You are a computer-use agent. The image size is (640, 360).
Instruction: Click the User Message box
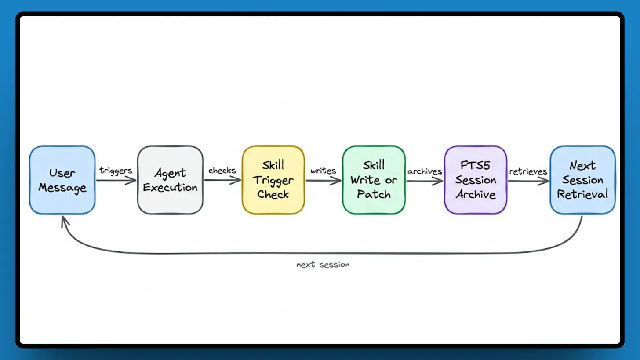pos(62,180)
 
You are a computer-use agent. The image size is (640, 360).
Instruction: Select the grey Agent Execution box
pos(170,180)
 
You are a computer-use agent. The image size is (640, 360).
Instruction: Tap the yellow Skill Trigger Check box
pos(273,180)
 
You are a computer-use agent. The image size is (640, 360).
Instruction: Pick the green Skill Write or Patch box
pos(374,180)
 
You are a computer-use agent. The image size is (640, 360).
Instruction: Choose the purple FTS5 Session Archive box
pos(475,180)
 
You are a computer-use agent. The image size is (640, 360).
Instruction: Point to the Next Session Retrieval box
pos(582,180)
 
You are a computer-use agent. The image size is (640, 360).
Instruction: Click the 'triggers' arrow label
pos(116,171)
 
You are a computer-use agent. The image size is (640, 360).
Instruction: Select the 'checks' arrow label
pos(222,171)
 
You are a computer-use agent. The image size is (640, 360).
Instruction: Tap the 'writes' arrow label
pos(323,171)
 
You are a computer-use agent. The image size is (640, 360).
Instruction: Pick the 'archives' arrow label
pos(424,171)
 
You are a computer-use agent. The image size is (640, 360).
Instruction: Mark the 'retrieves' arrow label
pos(528,171)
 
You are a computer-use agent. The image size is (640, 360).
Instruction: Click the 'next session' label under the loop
pos(323,265)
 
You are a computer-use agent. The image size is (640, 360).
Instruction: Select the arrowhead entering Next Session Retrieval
pos(545,180)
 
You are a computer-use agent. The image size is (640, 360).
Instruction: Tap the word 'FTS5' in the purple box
pos(475,166)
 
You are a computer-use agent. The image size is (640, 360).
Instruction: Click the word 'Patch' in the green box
pos(374,194)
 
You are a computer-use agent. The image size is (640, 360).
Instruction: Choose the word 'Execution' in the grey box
pos(170,188)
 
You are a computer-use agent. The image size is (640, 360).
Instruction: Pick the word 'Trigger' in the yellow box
pos(273,180)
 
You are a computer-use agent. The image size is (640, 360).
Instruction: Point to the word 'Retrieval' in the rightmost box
pos(582,194)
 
